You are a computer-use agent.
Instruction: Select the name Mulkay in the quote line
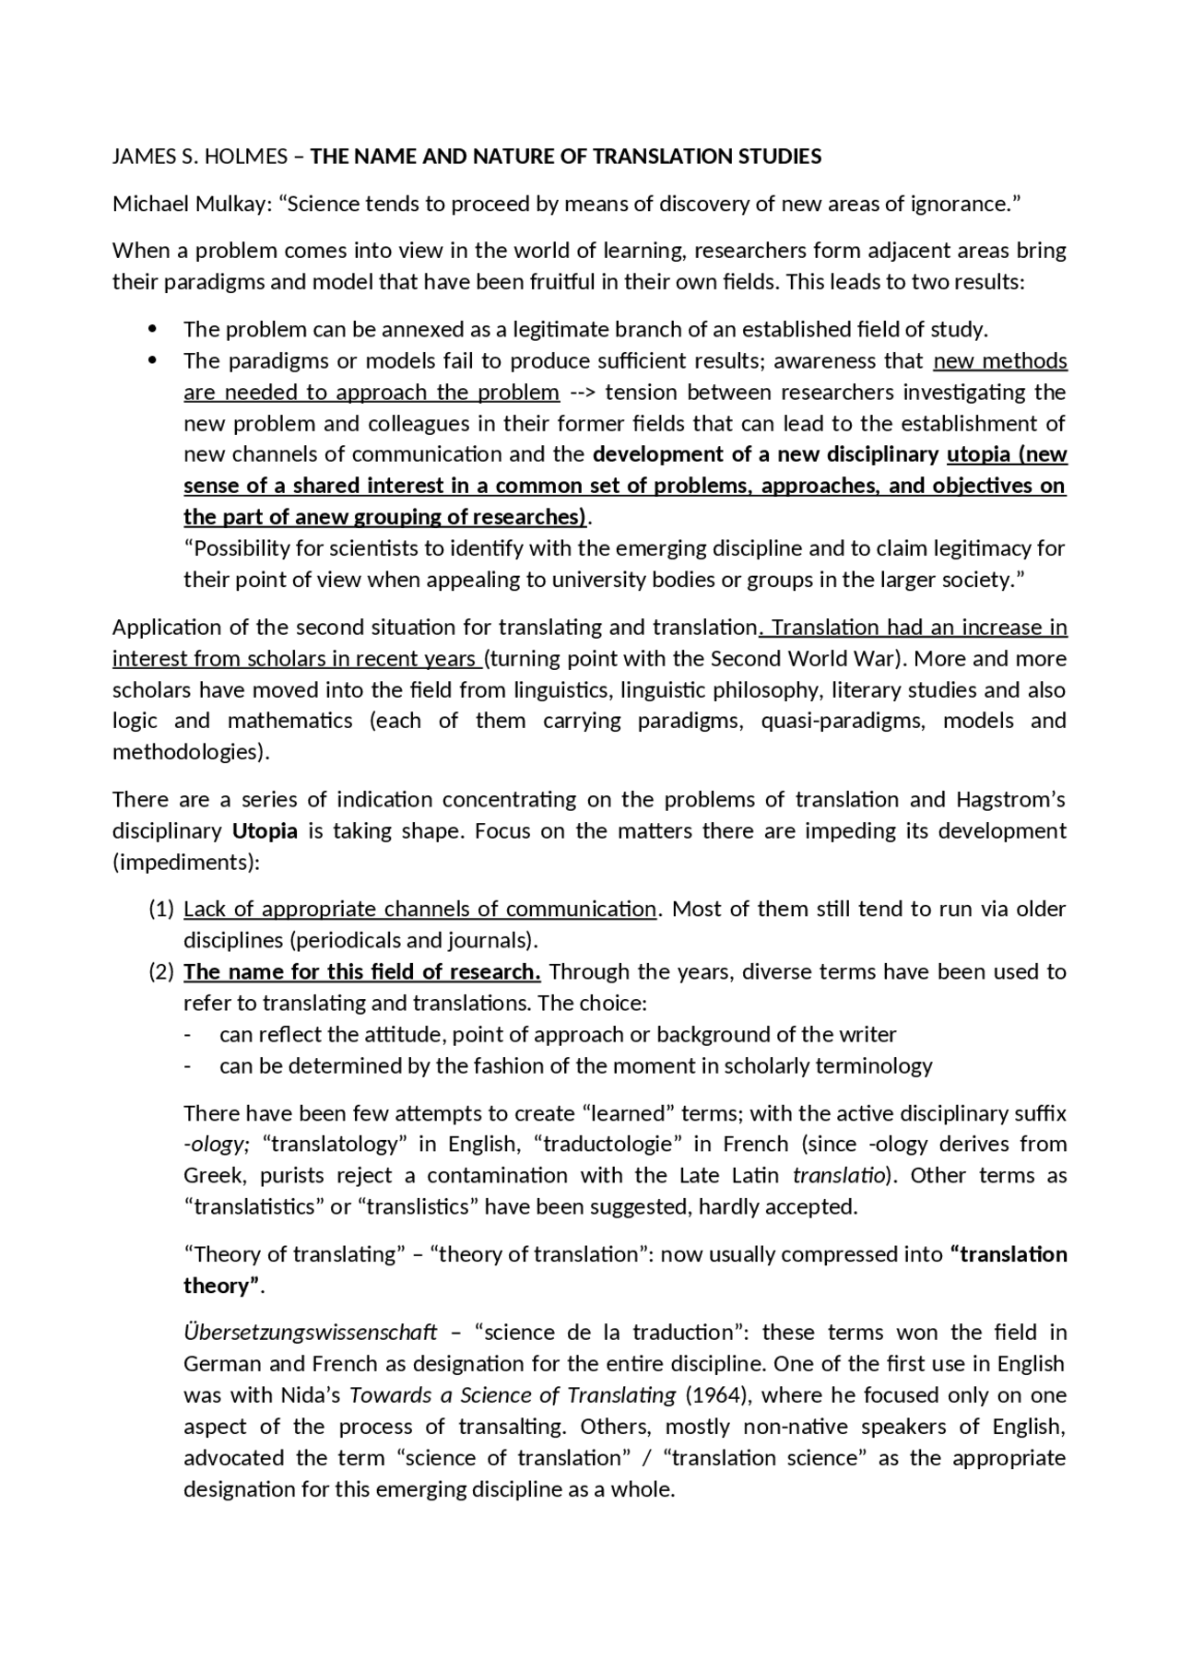click(x=230, y=204)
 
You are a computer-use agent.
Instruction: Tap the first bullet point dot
click(x=153, y=329)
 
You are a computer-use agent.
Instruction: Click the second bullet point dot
click(x=153, y=360)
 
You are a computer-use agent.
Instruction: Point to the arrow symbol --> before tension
click(x=582, y=393)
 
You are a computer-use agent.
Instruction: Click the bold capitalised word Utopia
click(x=265, y=830)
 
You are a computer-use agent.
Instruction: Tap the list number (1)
click(x=161, y=910)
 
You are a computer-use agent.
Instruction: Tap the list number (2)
click(x=161, y=972)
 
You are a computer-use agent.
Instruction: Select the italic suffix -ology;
click(x=217, y=1145)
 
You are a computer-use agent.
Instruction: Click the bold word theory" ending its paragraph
click(x=222, y=1286)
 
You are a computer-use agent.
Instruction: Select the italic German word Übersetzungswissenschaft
click(x=311, y=1333)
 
